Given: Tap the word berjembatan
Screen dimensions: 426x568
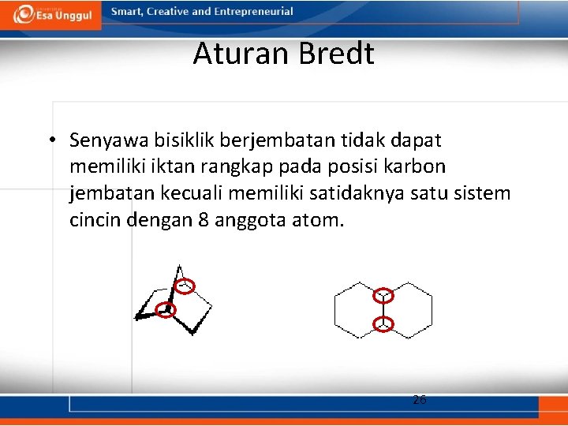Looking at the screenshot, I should (279, 141).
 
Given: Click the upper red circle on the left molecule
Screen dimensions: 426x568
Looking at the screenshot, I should (183, 286).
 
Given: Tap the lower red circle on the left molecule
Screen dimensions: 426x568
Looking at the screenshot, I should (165, 309).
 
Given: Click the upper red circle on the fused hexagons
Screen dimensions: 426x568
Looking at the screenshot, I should (383, 296).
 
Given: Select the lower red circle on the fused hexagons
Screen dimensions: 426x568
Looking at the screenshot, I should (383, 323).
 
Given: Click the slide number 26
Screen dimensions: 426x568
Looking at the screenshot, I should (420, 400).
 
